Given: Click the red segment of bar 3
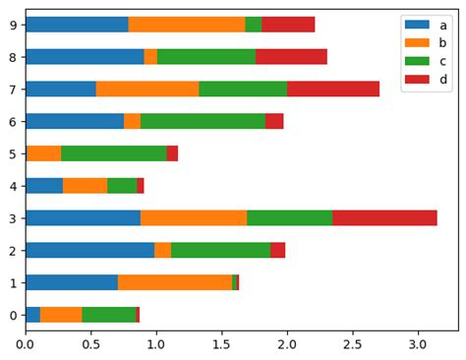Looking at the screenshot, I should (x=384, y=218).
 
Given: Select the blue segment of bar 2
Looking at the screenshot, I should (x=89, y=250).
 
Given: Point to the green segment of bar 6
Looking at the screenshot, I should (x=203, y=121).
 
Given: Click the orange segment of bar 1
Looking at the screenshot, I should (x=175, y=282).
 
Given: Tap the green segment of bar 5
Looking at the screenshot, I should (x=114, y=153).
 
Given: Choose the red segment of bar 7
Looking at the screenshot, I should (x=333, y=89).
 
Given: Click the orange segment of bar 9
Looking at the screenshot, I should (x=187, y=25).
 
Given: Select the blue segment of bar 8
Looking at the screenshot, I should (x=85, y=57).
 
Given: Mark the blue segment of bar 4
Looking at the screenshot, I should (x=44, y=186).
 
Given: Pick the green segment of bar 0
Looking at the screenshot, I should (x=109, y=315).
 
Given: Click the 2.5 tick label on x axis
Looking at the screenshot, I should (x=353, y=345).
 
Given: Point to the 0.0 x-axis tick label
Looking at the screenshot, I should (x=26, y=345).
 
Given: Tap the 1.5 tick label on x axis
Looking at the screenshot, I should (x=222, y=345).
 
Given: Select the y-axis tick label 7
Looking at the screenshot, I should (x=12, y=89).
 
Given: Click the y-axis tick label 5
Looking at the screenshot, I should (x=12, y=153).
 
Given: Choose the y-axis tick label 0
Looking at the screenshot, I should (x=12, y=315).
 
